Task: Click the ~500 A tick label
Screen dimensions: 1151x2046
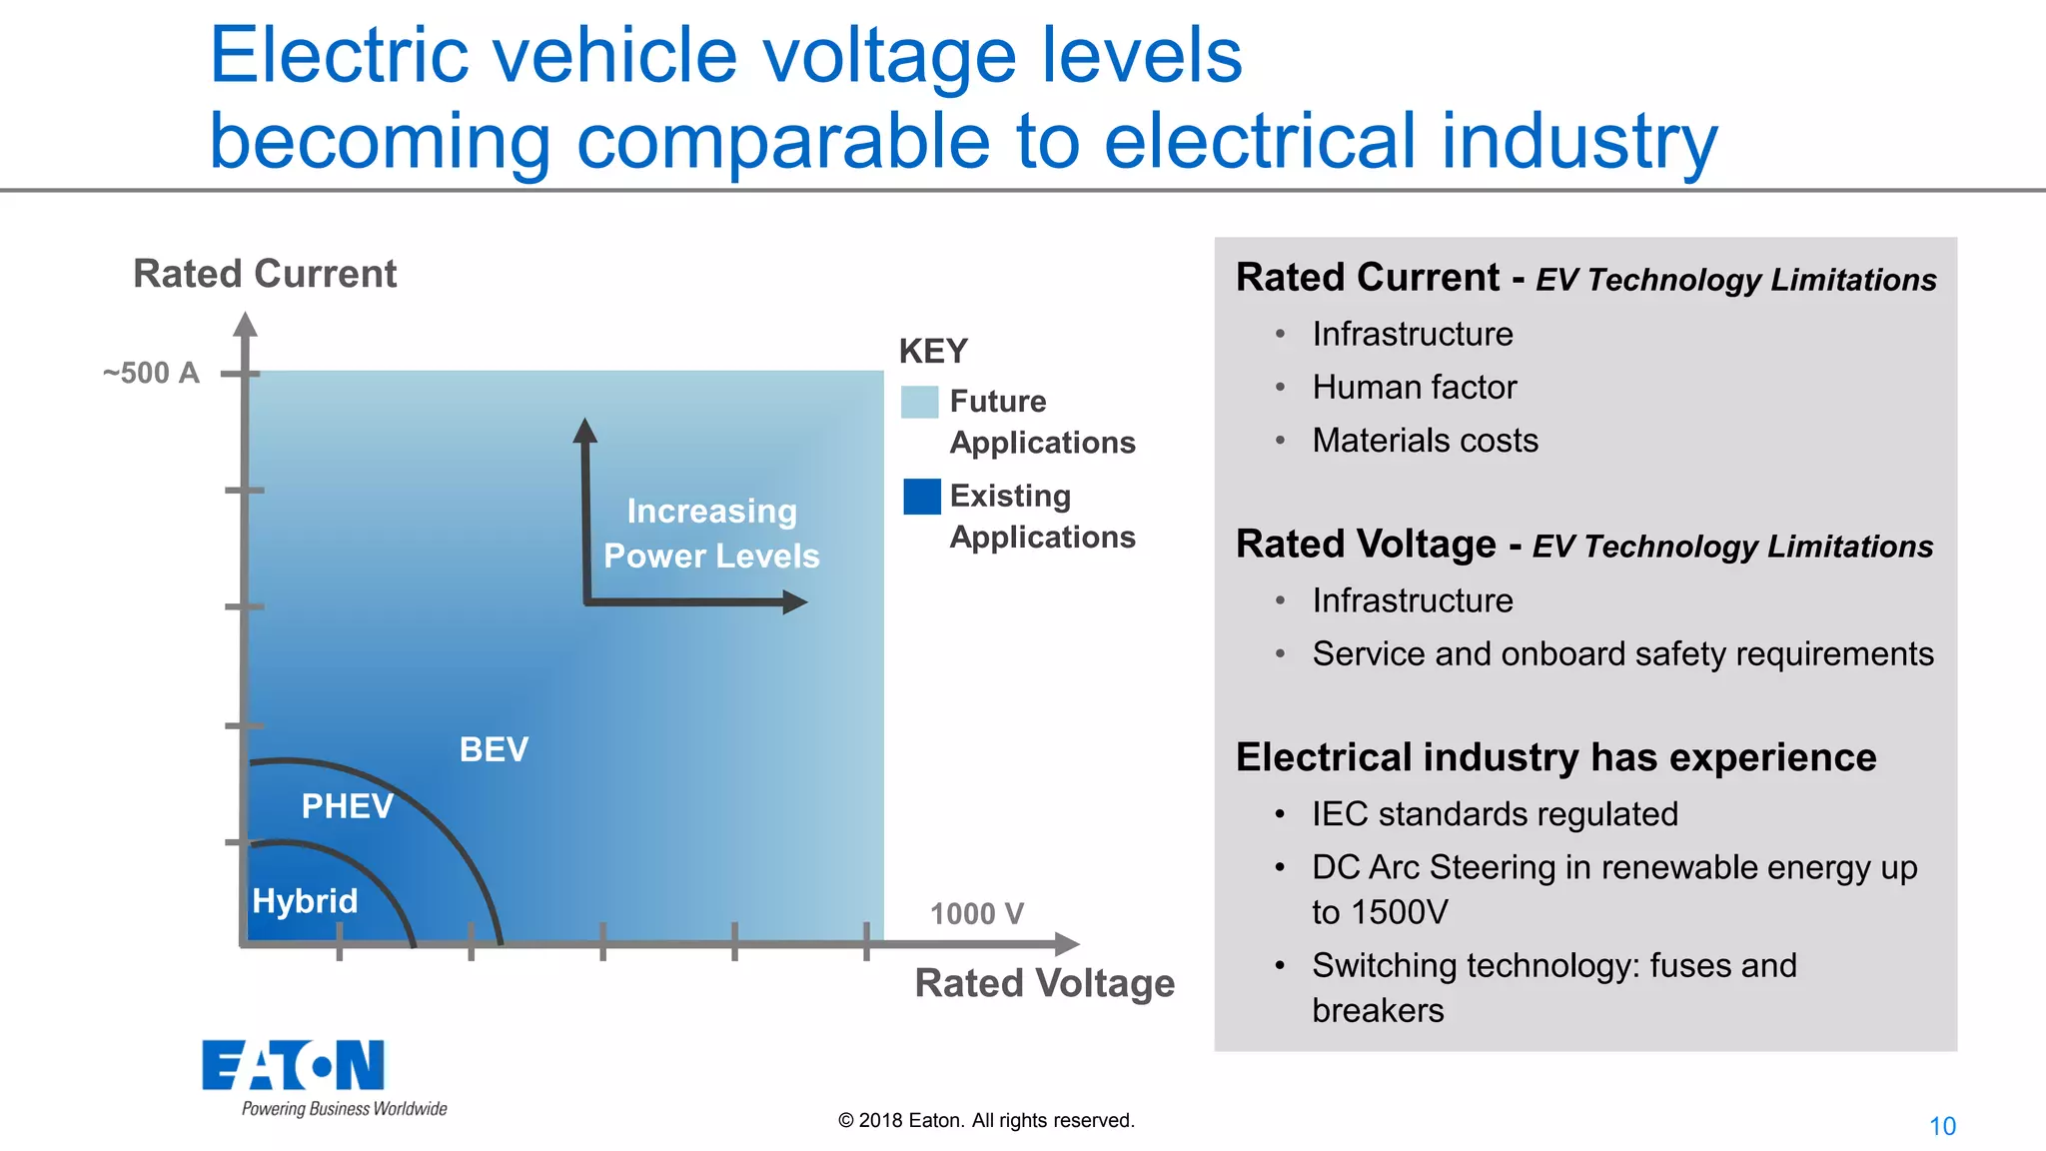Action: click(x=151, y=374)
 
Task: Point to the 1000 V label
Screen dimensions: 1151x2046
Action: click(x=976, y=913)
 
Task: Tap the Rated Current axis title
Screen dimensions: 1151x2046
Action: click(x=265, y=274)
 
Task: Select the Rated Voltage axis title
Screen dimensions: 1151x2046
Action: click(x=1044, y=983)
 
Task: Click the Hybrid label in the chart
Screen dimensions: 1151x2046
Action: click(x=305, y=901)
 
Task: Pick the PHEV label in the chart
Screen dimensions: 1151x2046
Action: click(x=347, y=806)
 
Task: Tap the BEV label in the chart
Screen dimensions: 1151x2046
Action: click(x=494, y=749)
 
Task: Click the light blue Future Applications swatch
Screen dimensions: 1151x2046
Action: click(x=919, y=402)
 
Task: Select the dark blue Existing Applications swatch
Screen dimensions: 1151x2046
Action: click(x=921, y=497)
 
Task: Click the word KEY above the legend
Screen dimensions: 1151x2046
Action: click(x=933, y=352)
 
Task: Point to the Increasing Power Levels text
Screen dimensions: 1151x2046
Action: click(x=711, y=534)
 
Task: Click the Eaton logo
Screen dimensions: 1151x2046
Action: click(x=293, y=1065)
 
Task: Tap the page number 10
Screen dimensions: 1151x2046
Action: click(x=1941, y=1126)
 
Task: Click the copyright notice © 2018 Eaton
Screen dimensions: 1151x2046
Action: click(x=986, y=1120)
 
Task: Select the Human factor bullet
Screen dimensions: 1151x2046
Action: click(x=1414, y=387)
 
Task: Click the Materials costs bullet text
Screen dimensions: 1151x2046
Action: click(x=1425, y=441)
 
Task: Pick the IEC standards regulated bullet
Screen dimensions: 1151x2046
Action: click(x=1495, y=814)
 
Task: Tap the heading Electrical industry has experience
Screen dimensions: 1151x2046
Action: click(x=1555, y=757)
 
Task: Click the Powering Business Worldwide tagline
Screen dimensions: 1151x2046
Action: click(x=344, y=1109)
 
